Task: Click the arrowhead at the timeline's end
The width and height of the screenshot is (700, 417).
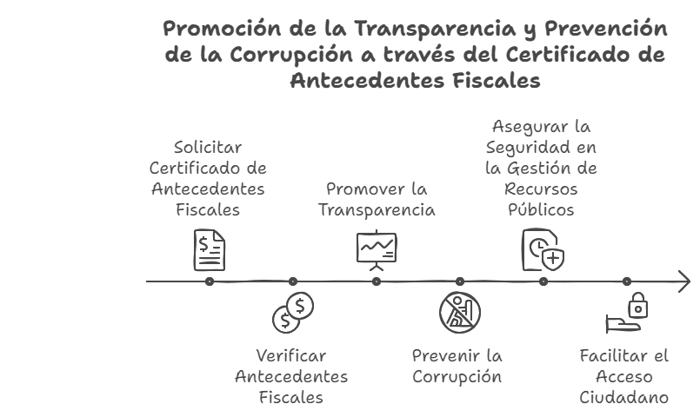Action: [684, 281]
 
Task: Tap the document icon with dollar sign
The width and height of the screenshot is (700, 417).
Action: [210, 249]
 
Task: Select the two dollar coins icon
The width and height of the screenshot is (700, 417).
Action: [293, 314]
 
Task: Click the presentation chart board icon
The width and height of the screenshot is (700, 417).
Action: [377, 250]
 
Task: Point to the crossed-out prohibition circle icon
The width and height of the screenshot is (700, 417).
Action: [459, 314]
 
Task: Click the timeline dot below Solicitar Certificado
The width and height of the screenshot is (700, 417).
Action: [210, 281]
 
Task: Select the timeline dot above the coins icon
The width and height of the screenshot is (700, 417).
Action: [293, 281]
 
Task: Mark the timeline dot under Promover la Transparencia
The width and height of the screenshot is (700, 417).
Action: [377, 281]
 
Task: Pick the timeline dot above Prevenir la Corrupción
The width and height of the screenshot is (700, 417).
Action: [460, 281]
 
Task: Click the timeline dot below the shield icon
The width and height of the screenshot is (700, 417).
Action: [543, 281]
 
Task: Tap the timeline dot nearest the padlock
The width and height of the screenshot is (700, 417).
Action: [627, 281]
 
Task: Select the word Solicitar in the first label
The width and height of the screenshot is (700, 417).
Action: [208, 147]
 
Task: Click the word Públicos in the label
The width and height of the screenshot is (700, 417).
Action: [541, 210]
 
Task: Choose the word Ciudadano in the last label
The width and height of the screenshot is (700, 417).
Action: [623, 398]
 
